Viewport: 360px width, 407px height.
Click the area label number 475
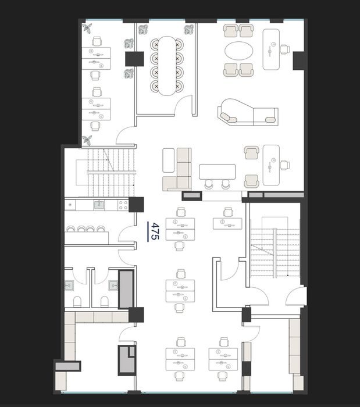(x=155, y=231)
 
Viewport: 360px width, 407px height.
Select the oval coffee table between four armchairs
(x=238, y=51)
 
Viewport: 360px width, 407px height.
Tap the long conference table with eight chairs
(x=167, y=65)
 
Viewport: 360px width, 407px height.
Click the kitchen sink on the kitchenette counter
(x=99, y=205)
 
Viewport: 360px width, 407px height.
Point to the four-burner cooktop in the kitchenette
(x=123, y=205)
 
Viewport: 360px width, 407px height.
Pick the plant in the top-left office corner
(x=87, y=28)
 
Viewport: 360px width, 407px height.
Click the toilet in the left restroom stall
(x=77, y=301)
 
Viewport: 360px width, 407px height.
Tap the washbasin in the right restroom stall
(x=113, y=285)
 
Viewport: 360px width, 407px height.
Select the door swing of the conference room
(x=183, y=106)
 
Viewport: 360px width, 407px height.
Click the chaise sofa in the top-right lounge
(x=248, y=113)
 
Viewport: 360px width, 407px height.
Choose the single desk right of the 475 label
(x=227, y=224)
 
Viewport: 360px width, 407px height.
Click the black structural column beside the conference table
(x=134, y=59)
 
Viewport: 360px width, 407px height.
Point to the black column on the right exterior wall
(x=298, y=60)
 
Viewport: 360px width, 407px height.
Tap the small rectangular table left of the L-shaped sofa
(x=169, y=160)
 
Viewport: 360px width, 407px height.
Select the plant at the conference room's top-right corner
(x=189, y=30)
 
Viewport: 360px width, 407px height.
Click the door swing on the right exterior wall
(x=296, y=296)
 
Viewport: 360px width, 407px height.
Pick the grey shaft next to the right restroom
(x=126, y=289)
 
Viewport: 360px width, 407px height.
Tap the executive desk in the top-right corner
(x=271, y=49)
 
